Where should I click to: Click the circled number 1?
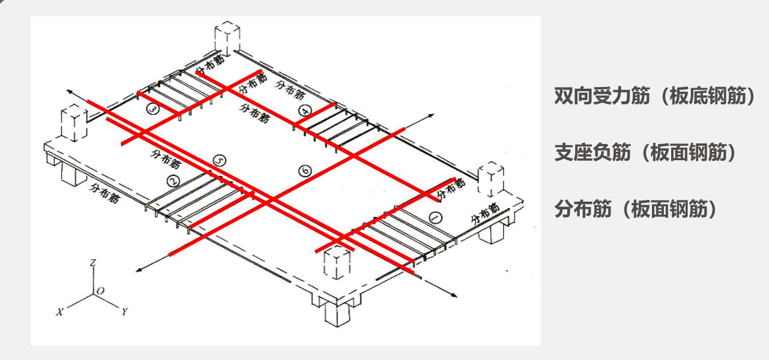436,218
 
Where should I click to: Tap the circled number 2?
173,181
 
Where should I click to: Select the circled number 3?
152,109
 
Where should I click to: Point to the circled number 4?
305,111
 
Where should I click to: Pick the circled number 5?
220,161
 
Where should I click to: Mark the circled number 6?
305,171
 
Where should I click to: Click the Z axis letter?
93,263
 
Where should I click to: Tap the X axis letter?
60,312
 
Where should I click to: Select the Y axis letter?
124,311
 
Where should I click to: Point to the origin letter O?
101,292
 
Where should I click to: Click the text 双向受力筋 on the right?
602,96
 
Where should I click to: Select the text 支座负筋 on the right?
593,152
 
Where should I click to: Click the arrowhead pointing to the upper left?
70,92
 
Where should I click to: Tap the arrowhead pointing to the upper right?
431,115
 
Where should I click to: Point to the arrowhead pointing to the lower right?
454,295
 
